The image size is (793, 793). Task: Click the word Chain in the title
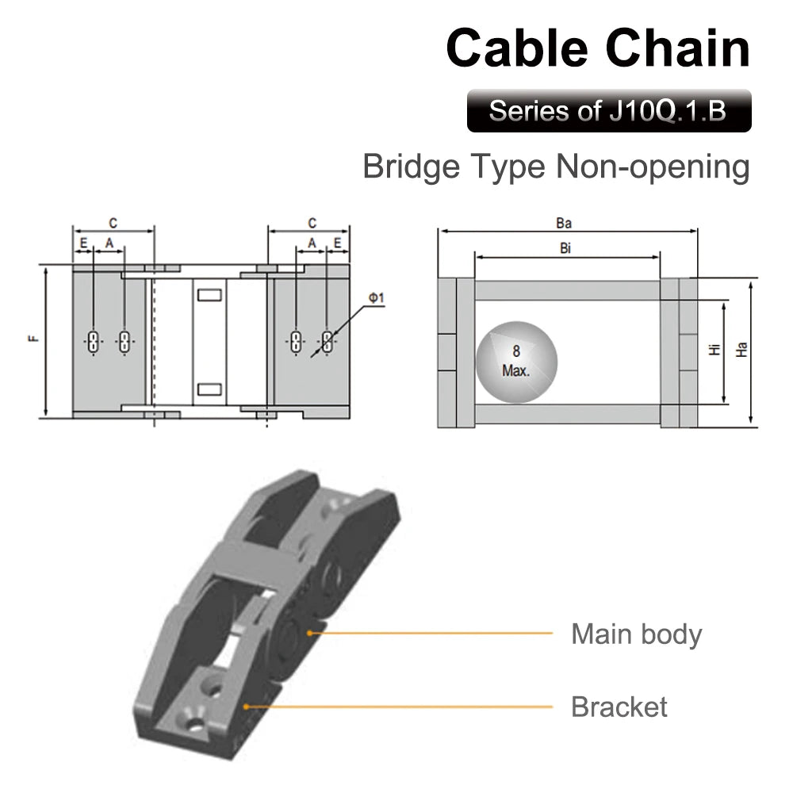tap(678, 48)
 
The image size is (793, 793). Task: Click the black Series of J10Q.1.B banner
tap(609, 111)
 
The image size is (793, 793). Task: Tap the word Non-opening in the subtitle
tap(653, 167)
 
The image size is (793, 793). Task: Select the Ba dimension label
tap(564, 223)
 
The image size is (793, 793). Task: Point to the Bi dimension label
tap(565, 247)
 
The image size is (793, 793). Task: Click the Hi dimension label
tap(714, 349)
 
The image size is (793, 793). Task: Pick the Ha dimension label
tap(741, 350)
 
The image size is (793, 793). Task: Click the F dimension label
tap(33, 339)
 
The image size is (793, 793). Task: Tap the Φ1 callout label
tap(376, 298)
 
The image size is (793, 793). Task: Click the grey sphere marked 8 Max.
tap(516, 362)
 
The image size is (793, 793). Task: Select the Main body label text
tap(636, 634)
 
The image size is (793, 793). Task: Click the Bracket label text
tap(619, 707)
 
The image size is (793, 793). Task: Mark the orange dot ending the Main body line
tap(309, 633)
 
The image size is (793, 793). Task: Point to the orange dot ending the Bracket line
tap(247, 707)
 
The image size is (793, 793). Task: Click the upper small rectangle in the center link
tap(209, 295)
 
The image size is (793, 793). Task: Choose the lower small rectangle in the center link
tap(209, 389)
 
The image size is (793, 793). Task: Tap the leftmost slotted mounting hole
tap(94, 341)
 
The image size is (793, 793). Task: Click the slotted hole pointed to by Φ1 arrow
tap(328, 341)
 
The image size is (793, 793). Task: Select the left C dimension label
tap(113, 223)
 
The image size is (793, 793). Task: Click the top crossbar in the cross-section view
tap(567, 290)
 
